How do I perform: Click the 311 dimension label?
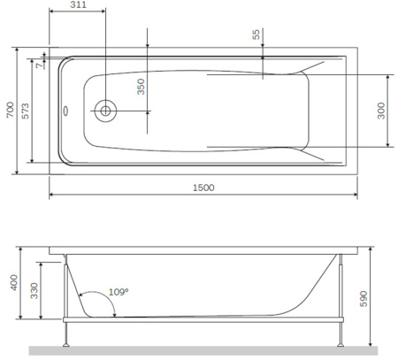pos(78,4)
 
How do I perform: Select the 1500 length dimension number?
pos(203,188)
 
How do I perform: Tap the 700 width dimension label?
pos(11,110)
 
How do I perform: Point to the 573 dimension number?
pos(26,111)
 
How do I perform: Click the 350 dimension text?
pos(142,87)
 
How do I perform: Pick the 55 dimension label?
pos(256,34)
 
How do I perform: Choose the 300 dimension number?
pos(381,111)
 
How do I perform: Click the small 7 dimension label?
pos(39,65)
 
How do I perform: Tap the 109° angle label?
pos(119,292)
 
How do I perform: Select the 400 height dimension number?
pos(14,282)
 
